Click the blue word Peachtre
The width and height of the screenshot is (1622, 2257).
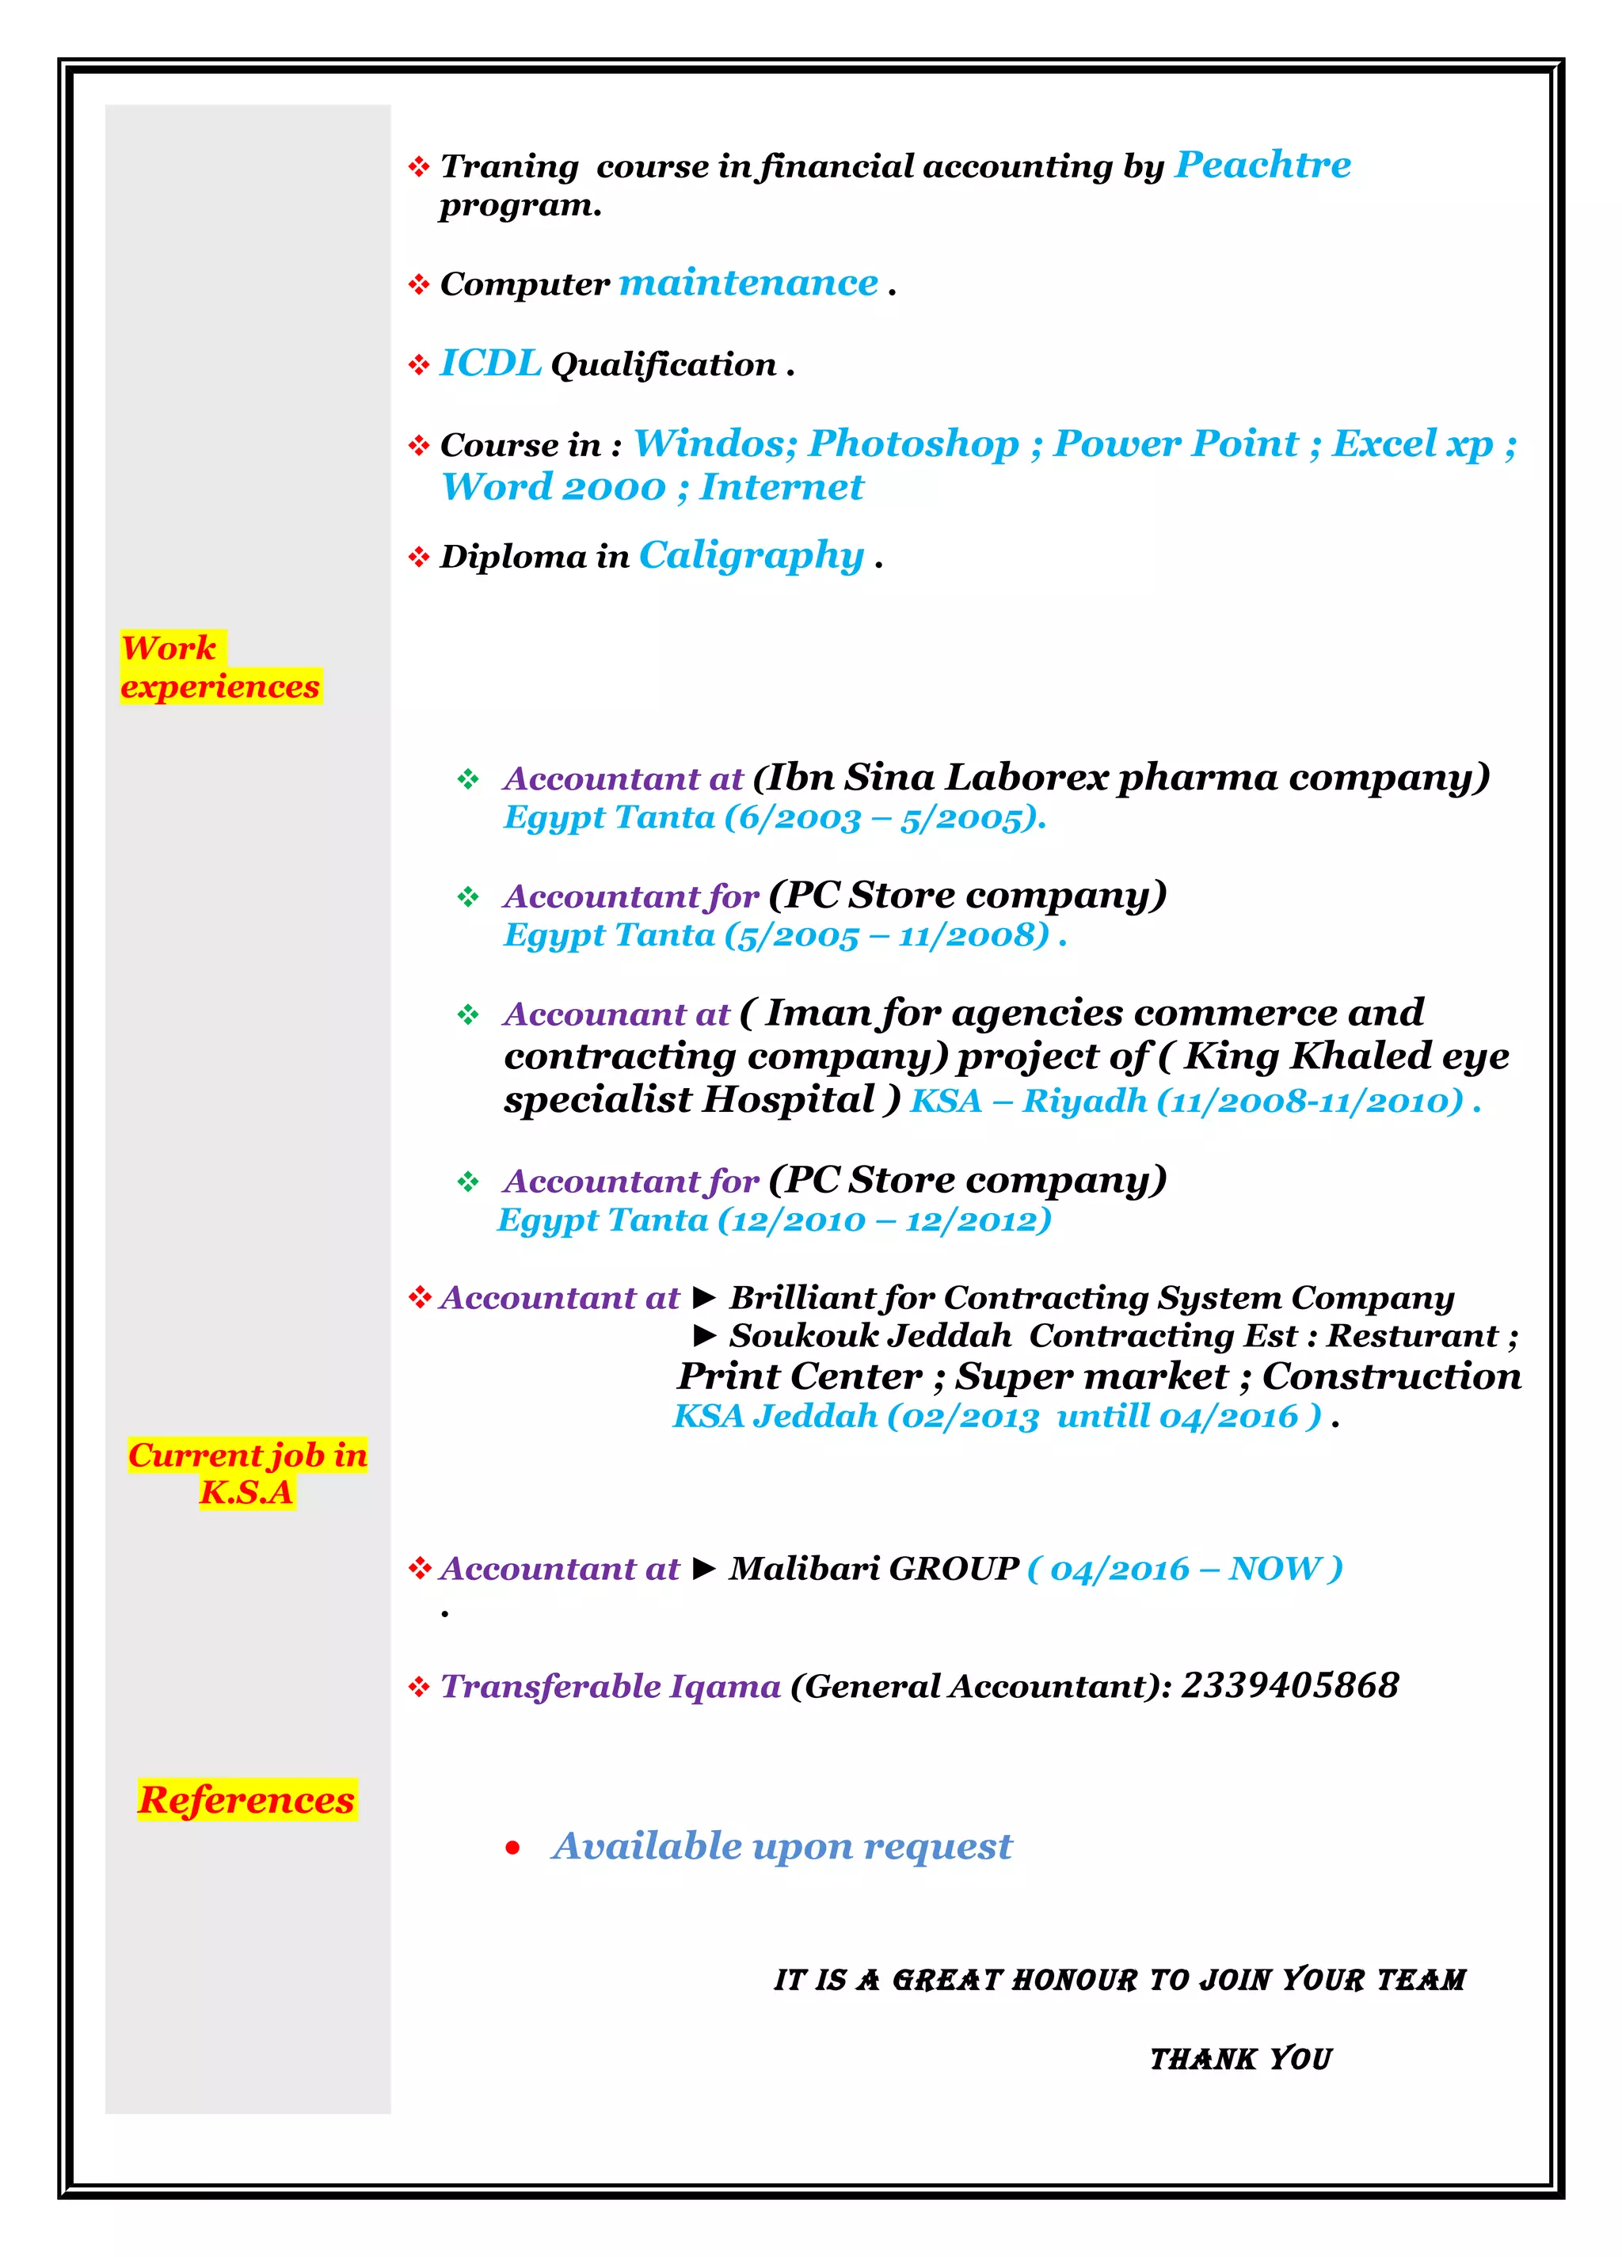tap(1262, 166)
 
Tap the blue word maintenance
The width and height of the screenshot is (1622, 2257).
tap(748, 284)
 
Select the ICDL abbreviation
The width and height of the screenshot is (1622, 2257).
tap(489, 364)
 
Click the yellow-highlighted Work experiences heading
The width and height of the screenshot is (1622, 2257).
tap(220, 667)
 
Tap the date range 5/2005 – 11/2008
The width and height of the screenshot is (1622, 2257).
tap(886, 935)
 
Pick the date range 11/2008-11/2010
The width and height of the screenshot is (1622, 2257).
tap(1309, 1101)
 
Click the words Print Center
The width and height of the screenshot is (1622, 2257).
tap(799, 1376)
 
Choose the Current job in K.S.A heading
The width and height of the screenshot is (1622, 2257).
tap(248, 1473)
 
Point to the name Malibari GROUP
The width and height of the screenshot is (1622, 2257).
tap(874, 1568)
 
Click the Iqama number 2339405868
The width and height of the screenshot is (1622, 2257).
tap(1289, 1684)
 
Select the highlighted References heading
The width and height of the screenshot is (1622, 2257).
tap(247, 1799)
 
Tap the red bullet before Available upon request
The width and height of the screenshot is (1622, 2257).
tap(512, 1848)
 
